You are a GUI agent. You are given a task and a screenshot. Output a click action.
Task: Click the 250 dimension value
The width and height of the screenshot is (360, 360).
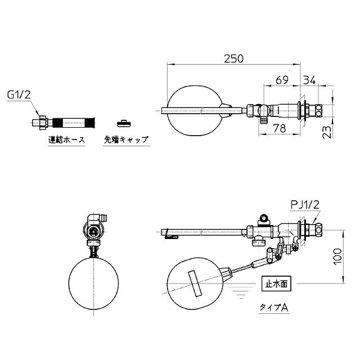tap(233, 58)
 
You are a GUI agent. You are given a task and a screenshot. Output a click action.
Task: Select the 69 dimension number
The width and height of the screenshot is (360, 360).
tap(282, 80)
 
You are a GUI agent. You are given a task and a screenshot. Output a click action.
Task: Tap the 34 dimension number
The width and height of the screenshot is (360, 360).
tap(309, 80)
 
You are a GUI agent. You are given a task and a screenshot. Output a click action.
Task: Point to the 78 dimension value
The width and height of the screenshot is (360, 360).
tap(280, 128)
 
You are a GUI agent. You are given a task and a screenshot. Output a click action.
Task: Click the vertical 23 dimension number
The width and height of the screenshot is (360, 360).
tap(327, 132)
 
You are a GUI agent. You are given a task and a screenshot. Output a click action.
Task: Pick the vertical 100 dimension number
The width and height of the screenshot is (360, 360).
tap(337, 256)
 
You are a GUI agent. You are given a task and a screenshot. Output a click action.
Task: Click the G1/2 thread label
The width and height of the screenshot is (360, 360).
tap(19, 94)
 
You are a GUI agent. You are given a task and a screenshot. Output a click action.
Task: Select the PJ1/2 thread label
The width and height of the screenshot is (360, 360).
tap(305, 205)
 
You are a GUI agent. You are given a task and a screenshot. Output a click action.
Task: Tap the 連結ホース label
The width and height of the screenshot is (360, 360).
tap(66, 139)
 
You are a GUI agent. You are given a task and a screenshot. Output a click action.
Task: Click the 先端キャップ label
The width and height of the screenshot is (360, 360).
tap(126, 139)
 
